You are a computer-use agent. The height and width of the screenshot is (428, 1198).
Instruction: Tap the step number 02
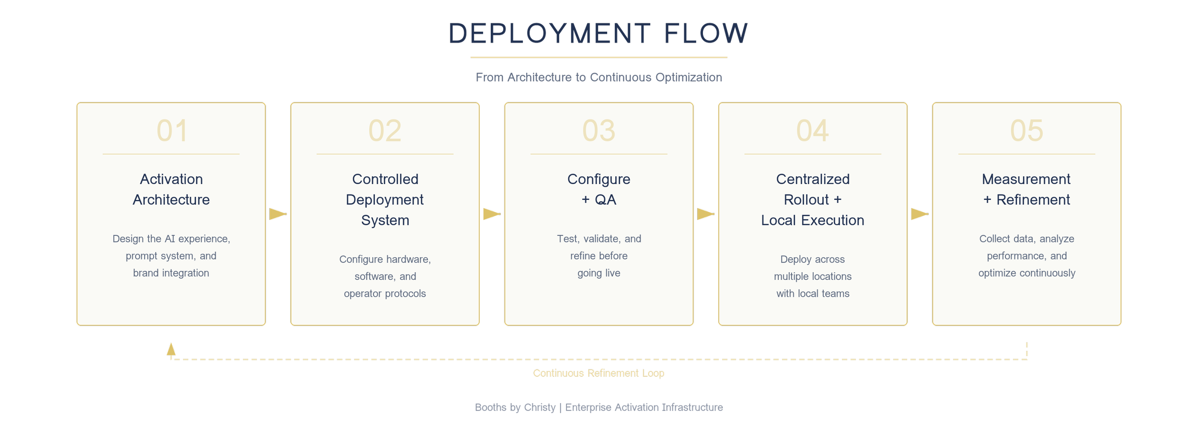tap(385, 130)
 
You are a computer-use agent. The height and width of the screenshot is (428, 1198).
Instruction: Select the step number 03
tap(599, 130)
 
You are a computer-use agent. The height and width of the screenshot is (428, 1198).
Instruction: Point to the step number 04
tap(812, 130)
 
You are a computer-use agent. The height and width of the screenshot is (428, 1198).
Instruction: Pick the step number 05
tap(1026, 130)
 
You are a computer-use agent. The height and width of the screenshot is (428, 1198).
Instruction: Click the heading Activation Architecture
tap(171, 189)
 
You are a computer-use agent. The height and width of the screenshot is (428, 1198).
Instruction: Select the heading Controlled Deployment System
tap(385, 199)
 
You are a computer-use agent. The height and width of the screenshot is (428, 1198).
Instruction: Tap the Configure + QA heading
tap(599, 189)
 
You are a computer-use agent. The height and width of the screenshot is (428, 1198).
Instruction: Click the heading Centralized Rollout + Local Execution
tap(812, 199)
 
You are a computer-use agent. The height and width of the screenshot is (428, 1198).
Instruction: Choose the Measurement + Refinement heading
tap(1026, 189)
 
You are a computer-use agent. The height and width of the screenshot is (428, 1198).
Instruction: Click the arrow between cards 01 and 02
tap(278, 214)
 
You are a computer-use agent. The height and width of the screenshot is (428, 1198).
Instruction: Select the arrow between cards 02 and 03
tap(492, 214)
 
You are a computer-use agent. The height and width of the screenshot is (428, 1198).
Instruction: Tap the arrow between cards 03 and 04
tap(705, 214)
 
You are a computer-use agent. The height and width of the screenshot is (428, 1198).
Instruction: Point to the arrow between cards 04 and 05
tap(920, 214)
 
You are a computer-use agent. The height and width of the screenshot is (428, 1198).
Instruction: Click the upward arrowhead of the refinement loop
tap(171, 349)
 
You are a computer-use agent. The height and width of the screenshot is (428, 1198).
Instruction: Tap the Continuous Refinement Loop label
tap(599, 373)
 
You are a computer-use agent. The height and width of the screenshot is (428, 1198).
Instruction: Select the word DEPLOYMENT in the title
tap(549, 34)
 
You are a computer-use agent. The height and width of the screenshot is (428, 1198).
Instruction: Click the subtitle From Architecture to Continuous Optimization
tap(599, 78)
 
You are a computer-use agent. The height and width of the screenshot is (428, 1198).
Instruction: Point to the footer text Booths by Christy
tap(515, 408)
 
